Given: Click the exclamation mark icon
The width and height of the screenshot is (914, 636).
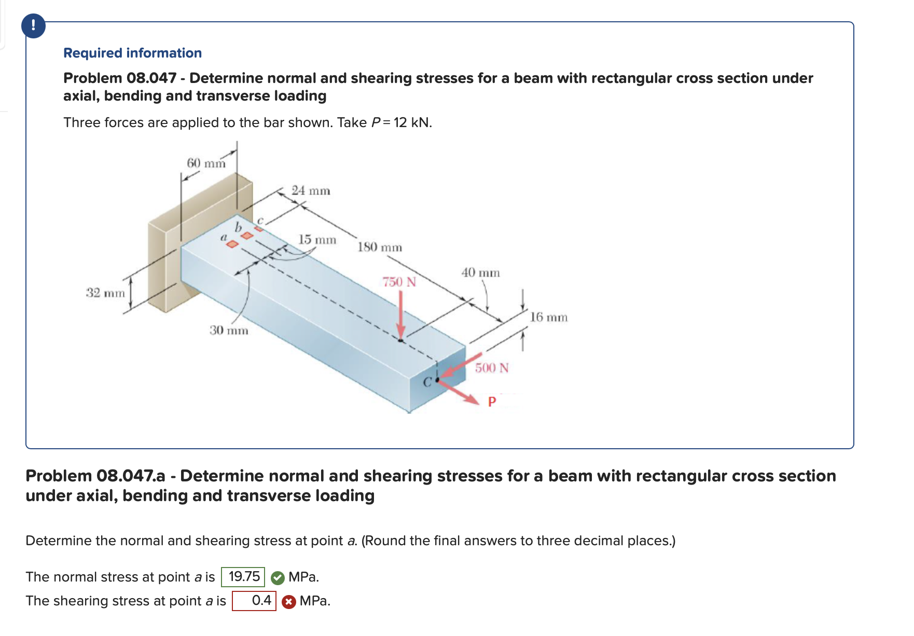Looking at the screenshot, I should click(x=33, y=25).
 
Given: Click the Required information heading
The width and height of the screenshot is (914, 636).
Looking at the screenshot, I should click(x=132, y=53).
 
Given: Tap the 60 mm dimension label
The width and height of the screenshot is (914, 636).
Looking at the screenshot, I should click(x=206, y=163).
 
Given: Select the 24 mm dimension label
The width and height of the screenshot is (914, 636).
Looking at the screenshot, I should click(x=310, y=191).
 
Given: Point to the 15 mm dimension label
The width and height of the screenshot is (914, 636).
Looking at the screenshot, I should click(x=317, y=240).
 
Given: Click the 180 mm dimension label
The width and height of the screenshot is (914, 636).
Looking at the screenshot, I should click(x=379, y=247).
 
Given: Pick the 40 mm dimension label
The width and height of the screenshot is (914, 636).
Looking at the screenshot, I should click(x=480, y=273).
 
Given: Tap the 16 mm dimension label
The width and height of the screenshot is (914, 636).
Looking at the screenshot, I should click(x=548, y=317).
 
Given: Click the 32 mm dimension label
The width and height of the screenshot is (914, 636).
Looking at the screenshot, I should click(x=105, y=293).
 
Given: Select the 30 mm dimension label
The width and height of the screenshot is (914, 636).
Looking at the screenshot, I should click(x=229, y=330).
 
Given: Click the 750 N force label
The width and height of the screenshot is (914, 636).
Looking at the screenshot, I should click(x=399, y=282).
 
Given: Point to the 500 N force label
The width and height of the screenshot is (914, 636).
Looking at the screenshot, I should click(x=492, y=368).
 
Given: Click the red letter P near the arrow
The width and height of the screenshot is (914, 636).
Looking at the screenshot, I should click(x=492, y=402).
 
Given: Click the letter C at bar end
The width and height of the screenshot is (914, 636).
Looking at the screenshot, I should click(x=427, y=383).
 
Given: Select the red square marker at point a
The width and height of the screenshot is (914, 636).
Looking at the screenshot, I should click(x=233, y=244).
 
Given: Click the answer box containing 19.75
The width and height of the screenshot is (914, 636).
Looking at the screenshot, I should click(x=243, y=577).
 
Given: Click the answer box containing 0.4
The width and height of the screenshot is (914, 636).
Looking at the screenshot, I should click(x=254, y=601).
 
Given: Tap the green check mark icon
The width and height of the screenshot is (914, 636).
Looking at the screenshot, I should click(x=278, y=577).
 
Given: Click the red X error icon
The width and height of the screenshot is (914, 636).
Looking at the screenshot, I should click(x=289, y=601).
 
